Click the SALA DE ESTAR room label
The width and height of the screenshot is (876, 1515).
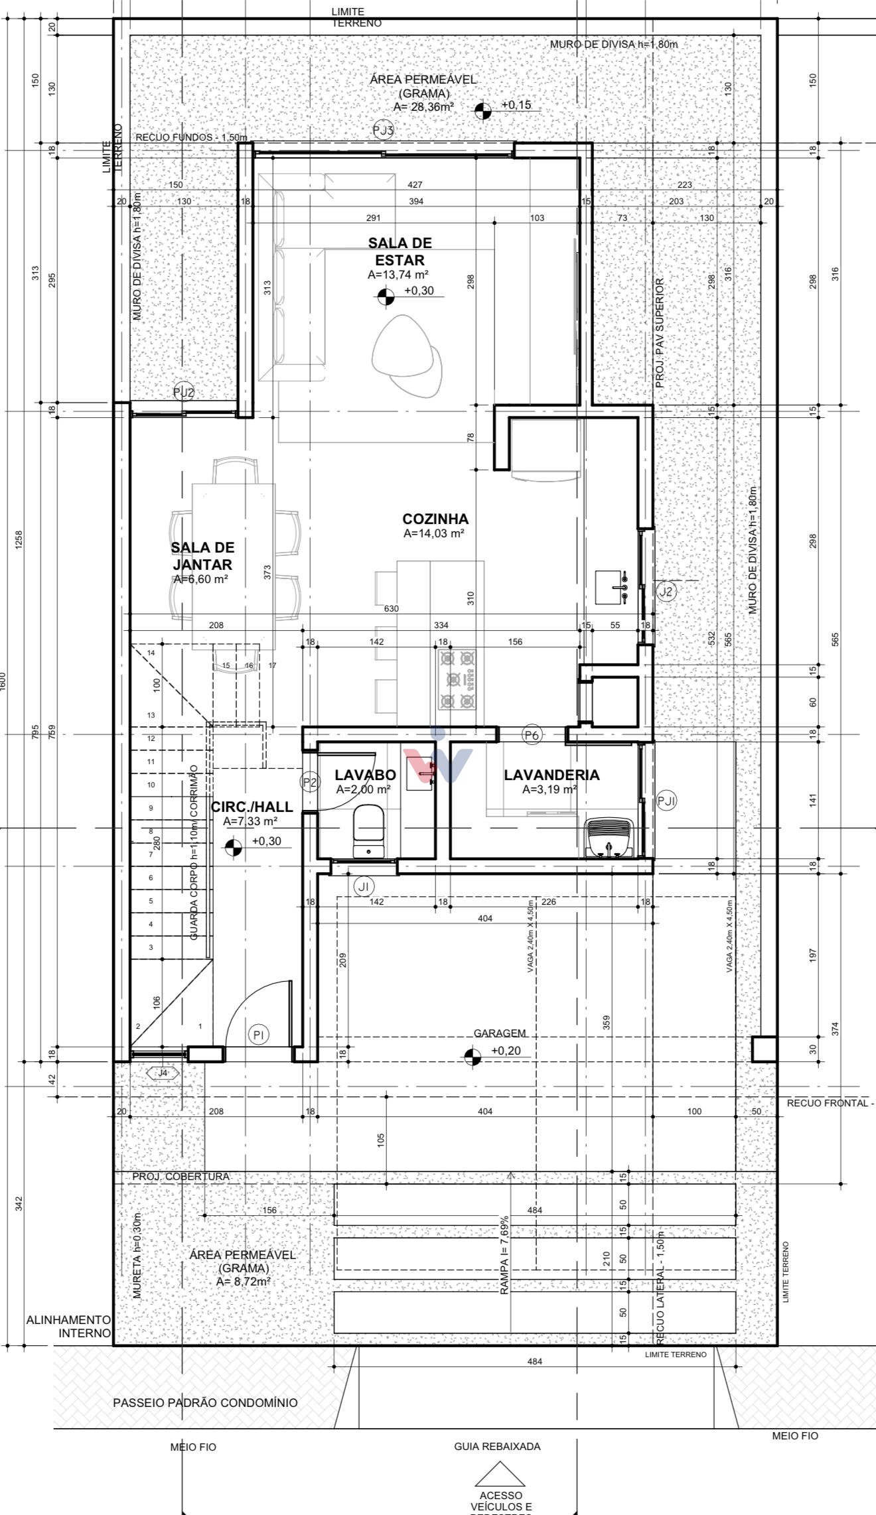pos(400,251)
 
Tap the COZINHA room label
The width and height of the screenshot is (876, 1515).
pos(435,519)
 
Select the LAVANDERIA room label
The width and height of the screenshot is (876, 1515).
pos(551,775)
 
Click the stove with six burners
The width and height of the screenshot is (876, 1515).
pos(457,679)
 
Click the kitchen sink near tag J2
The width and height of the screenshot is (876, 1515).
pos(612,587)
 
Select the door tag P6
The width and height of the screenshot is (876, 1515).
pos(532,735)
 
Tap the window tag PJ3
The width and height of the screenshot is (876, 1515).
pos(384,130)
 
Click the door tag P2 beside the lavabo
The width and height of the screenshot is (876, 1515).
pos(310,782)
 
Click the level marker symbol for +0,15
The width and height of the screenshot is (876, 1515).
pos(484,111)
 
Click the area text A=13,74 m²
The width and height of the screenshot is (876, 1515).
pos(398,274)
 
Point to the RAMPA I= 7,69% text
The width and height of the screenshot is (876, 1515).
pos(506,1255)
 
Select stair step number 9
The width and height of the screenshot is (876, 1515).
pos(151,808)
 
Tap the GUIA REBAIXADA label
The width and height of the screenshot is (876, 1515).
pos(497,1446)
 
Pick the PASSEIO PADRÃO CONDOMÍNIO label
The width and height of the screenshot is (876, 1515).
pos(205,1403)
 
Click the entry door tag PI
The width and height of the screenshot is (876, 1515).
pos(259,1034)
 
